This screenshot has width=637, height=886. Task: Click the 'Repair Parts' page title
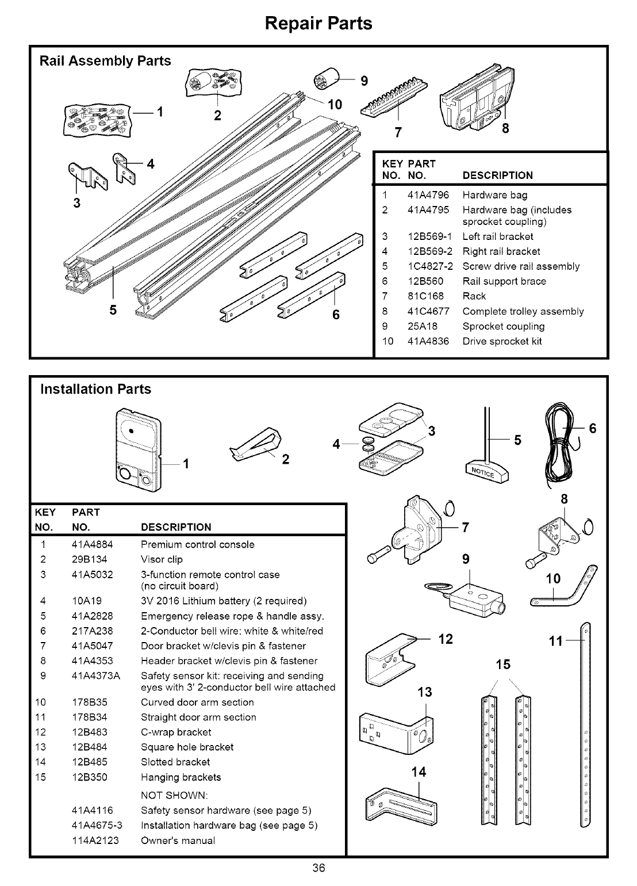[318, 23]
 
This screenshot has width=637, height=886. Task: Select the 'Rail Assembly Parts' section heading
[105, 61]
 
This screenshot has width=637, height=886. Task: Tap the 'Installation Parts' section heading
[95, 389]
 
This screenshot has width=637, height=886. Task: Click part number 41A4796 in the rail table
[428, 195]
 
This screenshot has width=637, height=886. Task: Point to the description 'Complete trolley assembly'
[523, 311]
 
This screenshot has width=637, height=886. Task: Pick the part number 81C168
[424, 296]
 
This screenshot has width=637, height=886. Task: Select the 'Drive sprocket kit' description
[502, 341]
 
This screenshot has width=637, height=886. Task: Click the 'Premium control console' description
[197, 544]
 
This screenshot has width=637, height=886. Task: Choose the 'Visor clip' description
[162, 559]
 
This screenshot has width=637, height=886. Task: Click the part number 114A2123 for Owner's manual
[95, 841]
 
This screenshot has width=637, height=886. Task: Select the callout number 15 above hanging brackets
[503, 665]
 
